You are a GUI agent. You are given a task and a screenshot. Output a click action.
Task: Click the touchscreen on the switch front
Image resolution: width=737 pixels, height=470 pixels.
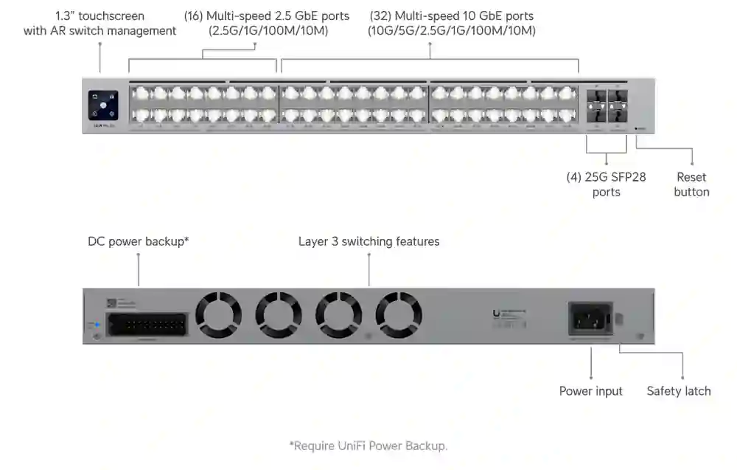click(103, 105)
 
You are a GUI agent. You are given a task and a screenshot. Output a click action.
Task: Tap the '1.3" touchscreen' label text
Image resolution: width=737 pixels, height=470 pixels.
click(100, 15)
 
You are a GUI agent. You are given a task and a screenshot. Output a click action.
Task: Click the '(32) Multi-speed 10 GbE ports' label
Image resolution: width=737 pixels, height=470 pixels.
click(451, 15)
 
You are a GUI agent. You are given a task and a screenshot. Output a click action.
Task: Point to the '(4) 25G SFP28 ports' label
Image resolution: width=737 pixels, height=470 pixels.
click(606, 184)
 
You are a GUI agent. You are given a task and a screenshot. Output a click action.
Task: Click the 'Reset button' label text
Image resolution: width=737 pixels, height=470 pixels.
click(691, 184)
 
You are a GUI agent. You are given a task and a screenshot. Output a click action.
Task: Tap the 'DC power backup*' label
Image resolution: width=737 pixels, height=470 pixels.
click(139, 241)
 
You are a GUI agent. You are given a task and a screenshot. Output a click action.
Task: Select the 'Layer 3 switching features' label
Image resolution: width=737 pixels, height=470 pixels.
click(368, 241)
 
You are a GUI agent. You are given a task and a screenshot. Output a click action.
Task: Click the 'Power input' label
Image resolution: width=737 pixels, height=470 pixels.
click(590, 391)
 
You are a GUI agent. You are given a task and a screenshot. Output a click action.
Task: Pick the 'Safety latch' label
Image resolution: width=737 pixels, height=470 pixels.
click(679, 391)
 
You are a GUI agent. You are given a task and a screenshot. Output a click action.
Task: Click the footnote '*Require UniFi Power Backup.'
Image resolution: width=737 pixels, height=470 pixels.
click(368, 446)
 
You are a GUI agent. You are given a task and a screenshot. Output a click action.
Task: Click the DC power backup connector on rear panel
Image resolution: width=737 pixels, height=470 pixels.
click(146, 324)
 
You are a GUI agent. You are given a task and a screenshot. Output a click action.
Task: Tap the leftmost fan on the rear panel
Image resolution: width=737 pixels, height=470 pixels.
click(218, 315)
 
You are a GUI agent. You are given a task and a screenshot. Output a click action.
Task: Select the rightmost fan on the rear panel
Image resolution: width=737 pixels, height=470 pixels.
click(398, 315)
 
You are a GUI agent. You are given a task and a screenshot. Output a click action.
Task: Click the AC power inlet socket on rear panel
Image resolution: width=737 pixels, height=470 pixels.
click(590, 320)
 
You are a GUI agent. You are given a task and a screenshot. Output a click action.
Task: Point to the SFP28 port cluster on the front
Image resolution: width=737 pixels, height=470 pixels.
click(607, 106)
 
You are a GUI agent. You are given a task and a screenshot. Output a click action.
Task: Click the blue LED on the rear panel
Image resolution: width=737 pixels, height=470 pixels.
click(94, 324)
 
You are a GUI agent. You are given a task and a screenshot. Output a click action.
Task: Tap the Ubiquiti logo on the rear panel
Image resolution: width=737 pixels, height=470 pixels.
click(496, 314)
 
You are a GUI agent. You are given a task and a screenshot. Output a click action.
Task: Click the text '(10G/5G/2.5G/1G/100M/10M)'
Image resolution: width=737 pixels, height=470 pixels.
click(451, 31)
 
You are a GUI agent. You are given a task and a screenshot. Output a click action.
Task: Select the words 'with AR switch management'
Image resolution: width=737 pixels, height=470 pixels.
click(100, 31)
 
